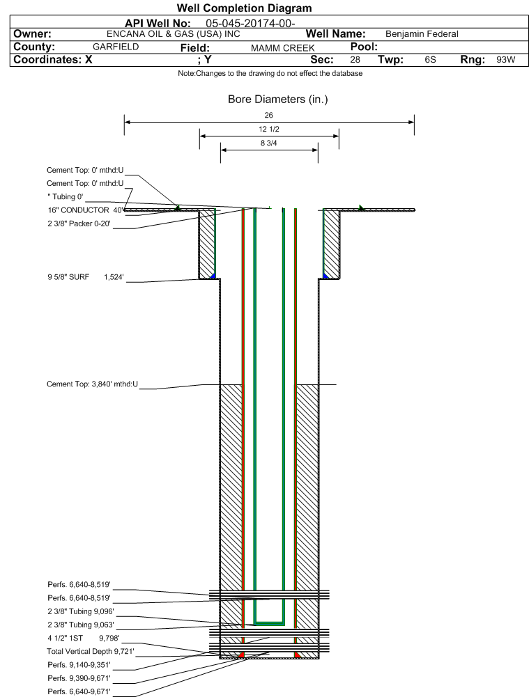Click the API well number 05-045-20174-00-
click(x=250, y=24)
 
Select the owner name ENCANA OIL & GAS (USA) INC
click(x=174, y=34)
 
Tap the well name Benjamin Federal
click(x=422, y=34)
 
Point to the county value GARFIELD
click(x=116, y=47)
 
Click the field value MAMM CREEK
click(x=283, y=48)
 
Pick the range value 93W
click(x=506, y=60)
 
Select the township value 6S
click(x=430, y=60)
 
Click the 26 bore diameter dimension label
click(x=269, y=115)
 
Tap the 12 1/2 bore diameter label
click(x=269, y=129)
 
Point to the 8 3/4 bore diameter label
click(x=269, y=143)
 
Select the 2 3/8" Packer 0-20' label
click(x=79, y=224)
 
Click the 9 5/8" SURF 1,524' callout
click(x=86, y=277)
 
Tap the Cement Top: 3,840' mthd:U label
click(x=93, y=384)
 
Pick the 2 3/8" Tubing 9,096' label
click(x=81, y=611)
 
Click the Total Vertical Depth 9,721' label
click(x=91, y=651)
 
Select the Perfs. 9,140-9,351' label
click(x=79, y=664)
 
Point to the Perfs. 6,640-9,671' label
click(x=79, y=691)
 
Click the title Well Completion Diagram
click(x=244, y=8)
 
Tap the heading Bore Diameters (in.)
click(x=277, y=99)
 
